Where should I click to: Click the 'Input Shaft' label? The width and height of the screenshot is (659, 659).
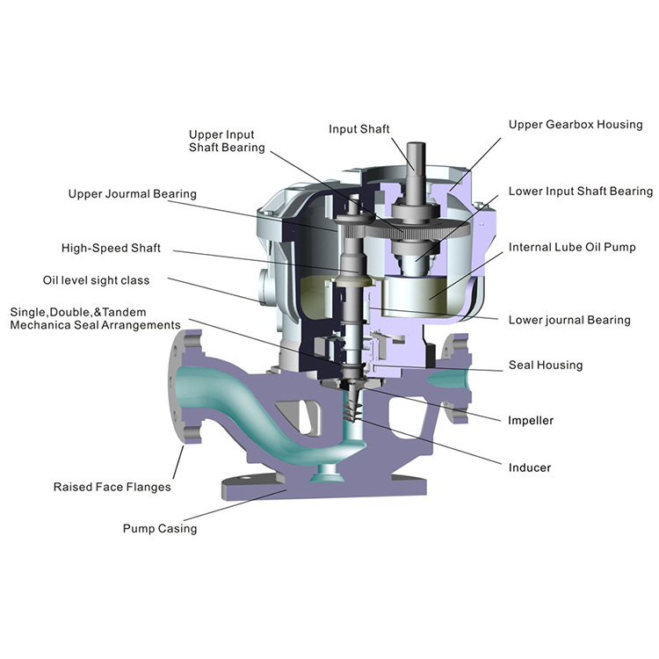[358, 129]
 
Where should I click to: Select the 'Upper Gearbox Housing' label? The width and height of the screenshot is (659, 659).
[576, 125]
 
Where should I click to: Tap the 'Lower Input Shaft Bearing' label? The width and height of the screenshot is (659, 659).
[581, 191]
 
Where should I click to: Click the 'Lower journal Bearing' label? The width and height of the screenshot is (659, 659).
[569, 320]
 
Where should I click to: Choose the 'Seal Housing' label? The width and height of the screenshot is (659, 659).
[545, 365]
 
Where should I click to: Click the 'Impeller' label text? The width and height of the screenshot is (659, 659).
[531, 420]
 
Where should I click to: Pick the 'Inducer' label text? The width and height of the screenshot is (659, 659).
[529, 467]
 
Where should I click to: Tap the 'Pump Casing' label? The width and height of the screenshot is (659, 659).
[159, 528]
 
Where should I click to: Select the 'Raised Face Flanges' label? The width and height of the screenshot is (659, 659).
[112, 486]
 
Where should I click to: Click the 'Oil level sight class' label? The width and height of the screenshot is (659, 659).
[96, 280]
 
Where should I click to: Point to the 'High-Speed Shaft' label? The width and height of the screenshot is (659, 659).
[111, 248]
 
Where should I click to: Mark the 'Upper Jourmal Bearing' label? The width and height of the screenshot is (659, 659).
[133, 193]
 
